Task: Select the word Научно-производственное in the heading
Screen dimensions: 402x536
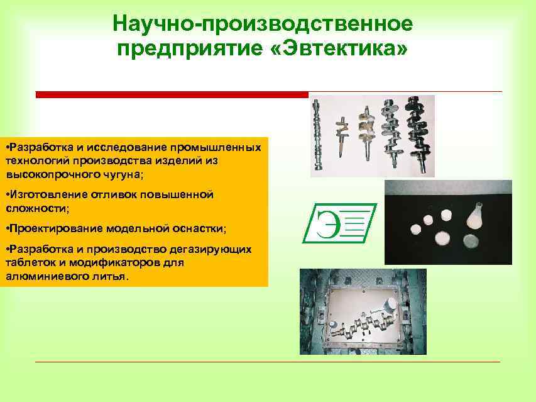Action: point(263,23)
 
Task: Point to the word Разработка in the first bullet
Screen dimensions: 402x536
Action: point(37,147)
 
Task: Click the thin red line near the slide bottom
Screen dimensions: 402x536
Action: point(267,362)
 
